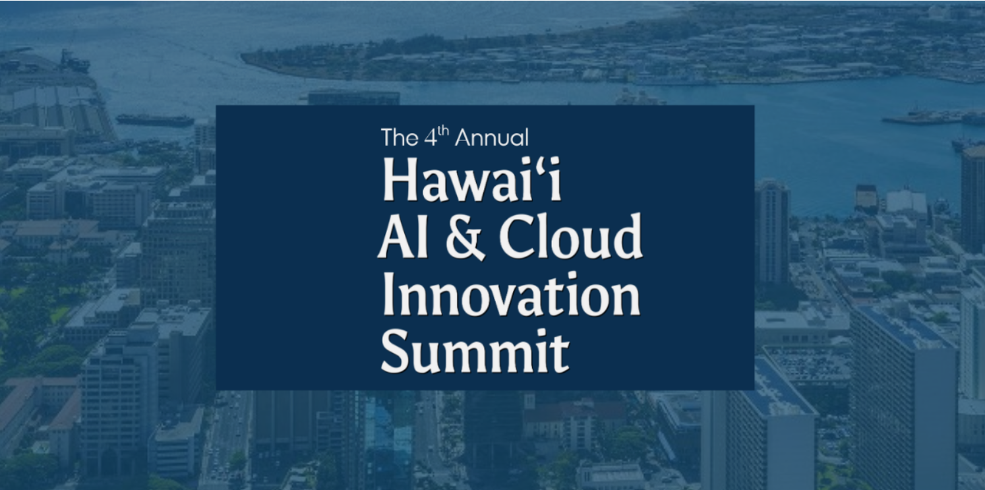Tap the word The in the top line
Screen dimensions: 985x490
400,137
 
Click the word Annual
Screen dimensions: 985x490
492,137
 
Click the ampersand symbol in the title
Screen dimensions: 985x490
465,237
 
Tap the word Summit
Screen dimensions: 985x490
475,352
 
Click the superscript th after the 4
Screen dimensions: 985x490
444,130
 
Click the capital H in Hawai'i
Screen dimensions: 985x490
400,179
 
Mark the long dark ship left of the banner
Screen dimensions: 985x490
155,119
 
